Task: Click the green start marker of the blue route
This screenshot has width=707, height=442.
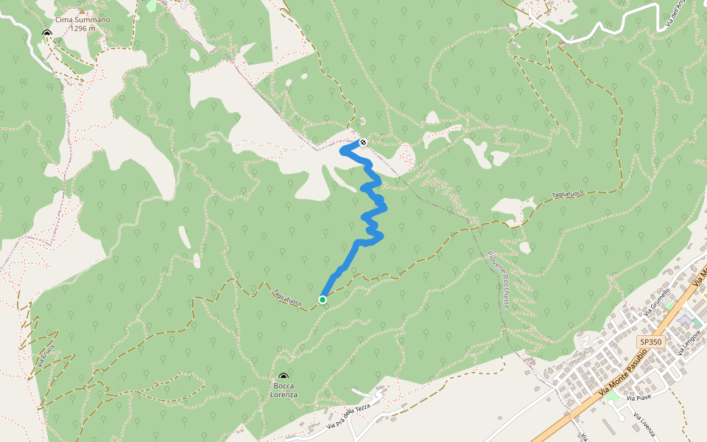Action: pos(323,299)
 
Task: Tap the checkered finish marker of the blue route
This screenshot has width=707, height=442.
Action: pos(363,141)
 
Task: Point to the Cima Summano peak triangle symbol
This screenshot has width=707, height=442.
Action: pos(47,33)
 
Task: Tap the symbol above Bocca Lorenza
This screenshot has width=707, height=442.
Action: pos(284,376)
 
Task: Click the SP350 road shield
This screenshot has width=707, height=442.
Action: pos(651,342)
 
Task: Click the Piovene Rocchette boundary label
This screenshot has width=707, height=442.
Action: pos(499,280)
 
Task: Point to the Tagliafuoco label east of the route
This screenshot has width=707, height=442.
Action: pos(568,194)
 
